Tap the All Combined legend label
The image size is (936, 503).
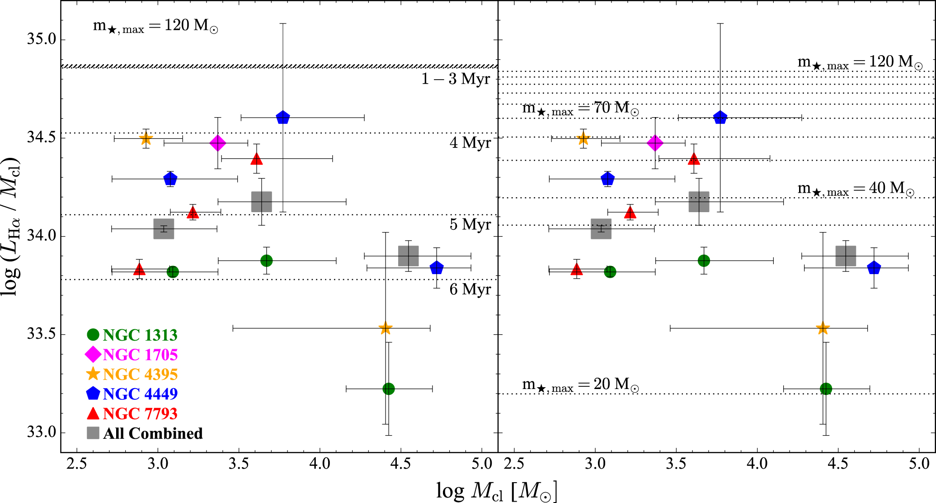pyautogui.click(x=153, y=433)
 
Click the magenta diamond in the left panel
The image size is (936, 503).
pyautogui.click(x=218, y=143)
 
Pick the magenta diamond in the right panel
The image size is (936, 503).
pyautogui.click(x=655, y=143)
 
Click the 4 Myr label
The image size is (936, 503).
pyautogui.click(x=470, y=143)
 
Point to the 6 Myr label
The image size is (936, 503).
pyautogui.click(x=470, y=289)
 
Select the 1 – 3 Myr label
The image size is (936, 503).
pyautogui.click(x=456, y=79)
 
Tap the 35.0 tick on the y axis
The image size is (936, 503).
pyautogui.click(x=41, y=39)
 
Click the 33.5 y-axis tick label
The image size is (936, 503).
pyautogui.click(x=41, y=334)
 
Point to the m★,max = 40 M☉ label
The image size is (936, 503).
pyautogui.click(x=856, y=188)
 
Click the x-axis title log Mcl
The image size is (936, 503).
pyautogui.click(x=496, y=491)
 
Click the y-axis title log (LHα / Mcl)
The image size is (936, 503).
pyautogui.click(x=11, y=226)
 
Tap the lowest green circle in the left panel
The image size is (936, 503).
pyautogui.click(x=388, y=389)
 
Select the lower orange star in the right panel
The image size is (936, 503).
pyautogui.click(x=823, y=328)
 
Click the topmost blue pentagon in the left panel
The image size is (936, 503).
pyautogui.click(x=282, y=118)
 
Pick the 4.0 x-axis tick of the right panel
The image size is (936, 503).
pyautogui.click(x=757, y=464)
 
